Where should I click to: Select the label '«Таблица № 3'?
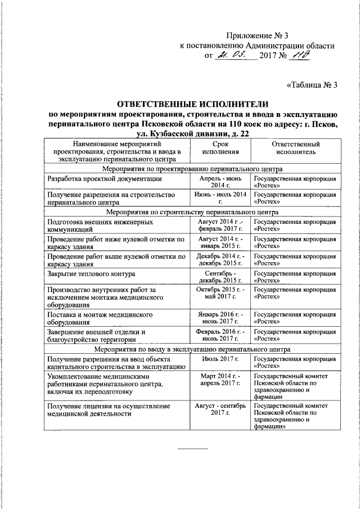point(312,85)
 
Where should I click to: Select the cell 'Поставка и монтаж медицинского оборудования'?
point(100,319)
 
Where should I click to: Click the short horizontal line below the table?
point(192,448)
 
